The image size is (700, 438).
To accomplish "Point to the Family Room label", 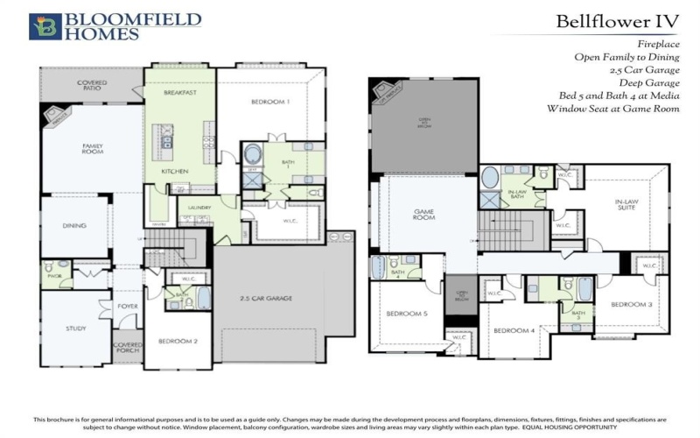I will (x=93, y=149).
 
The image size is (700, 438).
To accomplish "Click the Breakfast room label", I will (x=181, y=92).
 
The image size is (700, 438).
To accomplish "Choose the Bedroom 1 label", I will (x=269, y=102).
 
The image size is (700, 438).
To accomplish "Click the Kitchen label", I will (x=175, y=172).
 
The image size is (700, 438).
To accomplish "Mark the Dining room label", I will (x=74, y=225).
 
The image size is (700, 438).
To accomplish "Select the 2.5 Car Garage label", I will (x=266, y=299).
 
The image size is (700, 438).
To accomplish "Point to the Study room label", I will (x=75, y=328).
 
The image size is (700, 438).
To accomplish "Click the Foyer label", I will (x=129, y=306).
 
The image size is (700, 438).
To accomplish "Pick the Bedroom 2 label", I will (x=178, y=341).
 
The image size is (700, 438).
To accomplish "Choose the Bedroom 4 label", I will (x=514, y=330).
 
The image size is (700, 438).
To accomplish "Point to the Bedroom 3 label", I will (x=631, y=304).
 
